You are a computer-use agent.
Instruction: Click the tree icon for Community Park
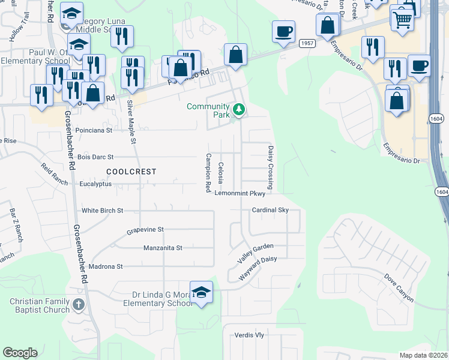click(239, 109)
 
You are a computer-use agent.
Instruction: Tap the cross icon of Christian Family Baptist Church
click(78, 305)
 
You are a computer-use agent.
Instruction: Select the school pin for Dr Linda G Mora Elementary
click(202, 292)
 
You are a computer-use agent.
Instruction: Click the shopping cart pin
click(402, 19)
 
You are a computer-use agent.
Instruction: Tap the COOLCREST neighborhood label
click(131, 172)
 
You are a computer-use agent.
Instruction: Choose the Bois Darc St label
click(95, 157)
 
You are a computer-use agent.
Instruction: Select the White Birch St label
click(103, 211)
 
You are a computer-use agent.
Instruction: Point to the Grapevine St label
click(145, 230)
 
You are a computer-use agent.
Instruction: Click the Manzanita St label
click(163, 248)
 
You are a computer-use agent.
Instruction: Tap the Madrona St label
click(106, 266)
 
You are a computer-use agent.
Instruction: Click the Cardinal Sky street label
click(270, 210)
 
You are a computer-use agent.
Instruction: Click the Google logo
click(20, 353)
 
